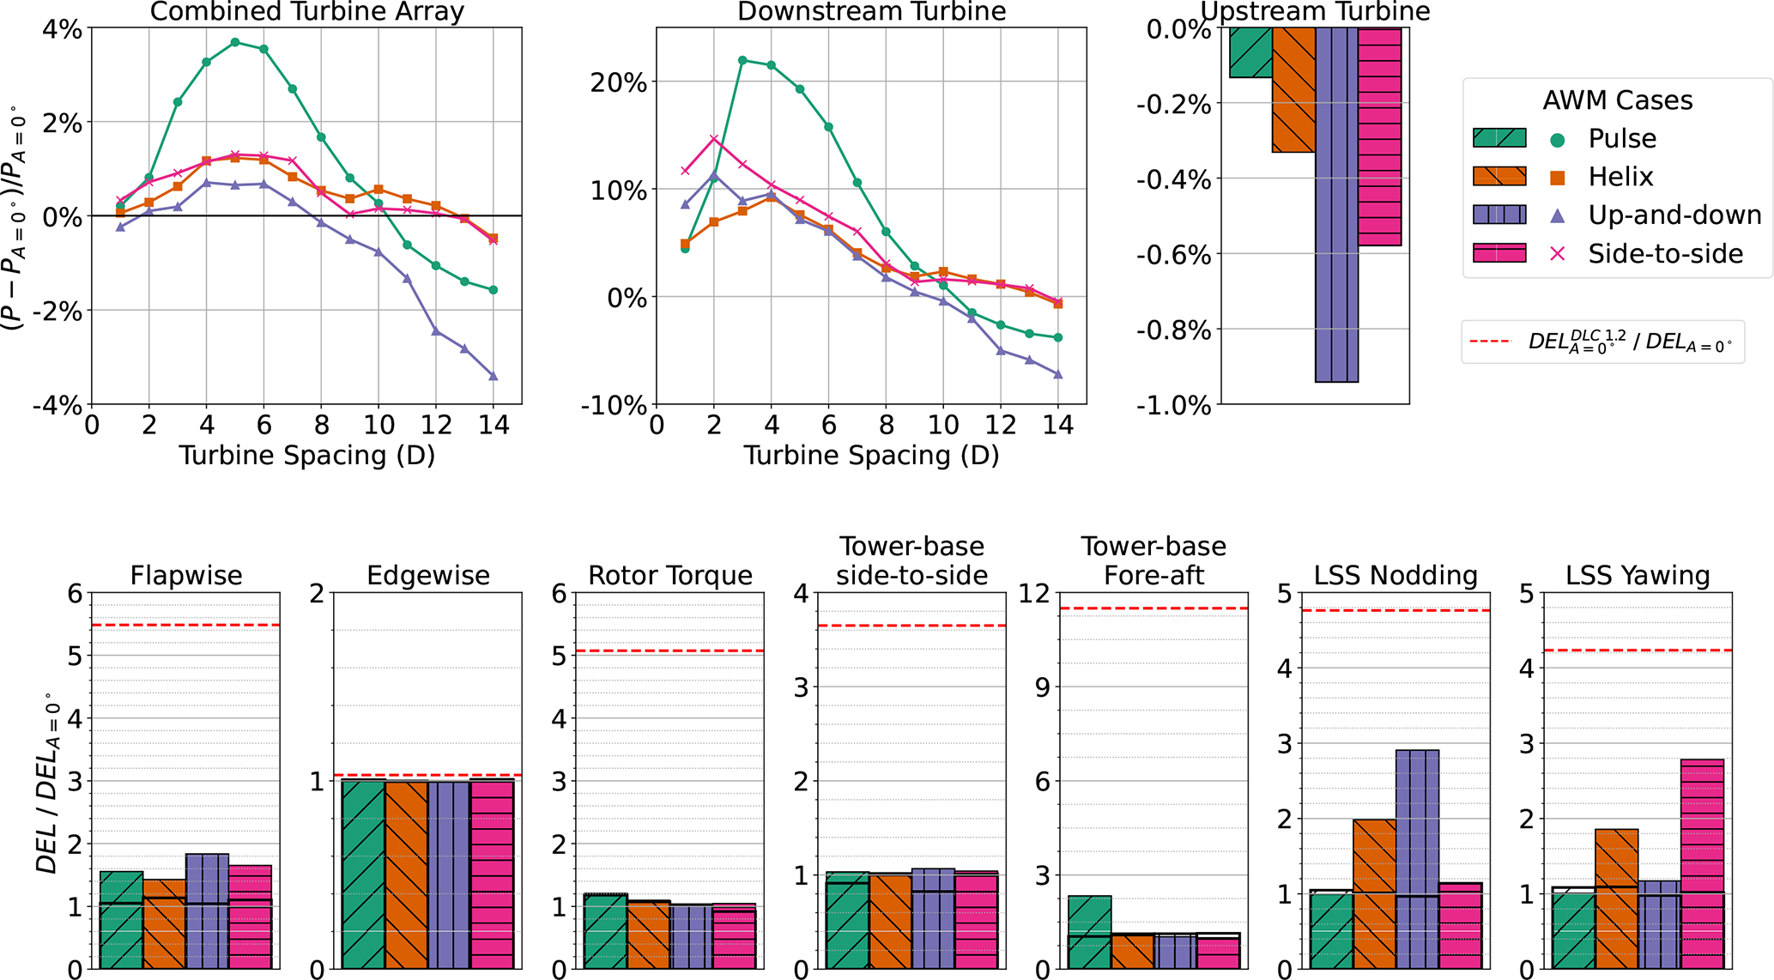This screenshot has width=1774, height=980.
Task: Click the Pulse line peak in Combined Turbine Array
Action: click(x=235, y=42)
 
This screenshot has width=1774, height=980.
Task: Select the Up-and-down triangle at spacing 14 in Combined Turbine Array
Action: click(x=493, y=376)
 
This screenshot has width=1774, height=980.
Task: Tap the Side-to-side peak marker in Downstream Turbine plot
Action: click(x=713, y=138)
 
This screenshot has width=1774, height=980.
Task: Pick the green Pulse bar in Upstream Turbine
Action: click(x=1250, y=52)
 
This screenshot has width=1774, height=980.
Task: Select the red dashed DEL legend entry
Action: click(x=1602, y=342)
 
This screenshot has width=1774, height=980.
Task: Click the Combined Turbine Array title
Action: click(x=306, y=12)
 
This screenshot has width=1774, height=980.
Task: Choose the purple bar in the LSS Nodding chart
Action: click(x=1417, y=859)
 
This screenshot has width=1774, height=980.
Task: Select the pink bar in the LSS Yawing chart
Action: click(x=1702, y=863)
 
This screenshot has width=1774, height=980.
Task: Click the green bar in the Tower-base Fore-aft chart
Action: click(x=1089, y=932)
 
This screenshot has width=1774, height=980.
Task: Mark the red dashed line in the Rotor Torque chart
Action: click(x=669, y=651)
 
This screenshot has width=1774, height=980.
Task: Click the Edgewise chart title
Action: click(x=427, y=575)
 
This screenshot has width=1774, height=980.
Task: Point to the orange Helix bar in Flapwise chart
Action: click(x=164, y=923)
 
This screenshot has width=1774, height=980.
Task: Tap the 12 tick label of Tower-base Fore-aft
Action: click(x=1037, y=593)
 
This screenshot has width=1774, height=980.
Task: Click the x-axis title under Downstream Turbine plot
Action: click(x=871, y=455)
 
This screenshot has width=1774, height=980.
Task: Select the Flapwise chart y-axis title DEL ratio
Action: click(x=48, y=783)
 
